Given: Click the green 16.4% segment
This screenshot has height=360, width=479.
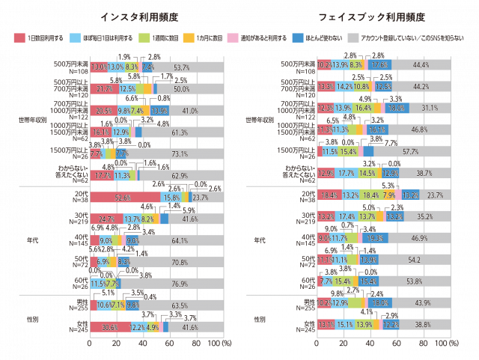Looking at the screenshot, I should pos(362,109).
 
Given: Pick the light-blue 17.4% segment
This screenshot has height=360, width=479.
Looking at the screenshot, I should pos(346,217).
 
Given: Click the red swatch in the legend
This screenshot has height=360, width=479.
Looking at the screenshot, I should pos(19,37).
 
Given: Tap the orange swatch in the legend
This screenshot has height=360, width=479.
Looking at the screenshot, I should pos(189,37).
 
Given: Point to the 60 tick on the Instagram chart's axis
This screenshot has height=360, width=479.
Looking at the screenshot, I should pos(169,342).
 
